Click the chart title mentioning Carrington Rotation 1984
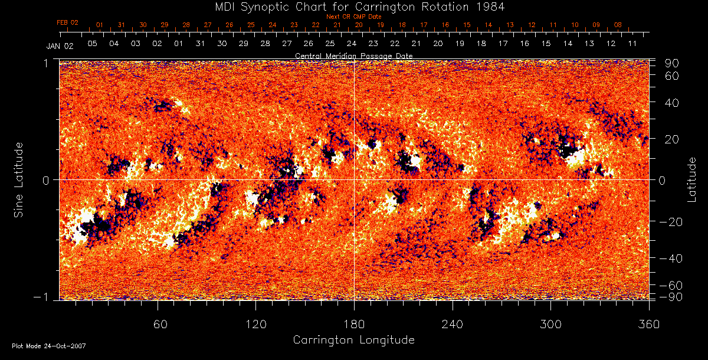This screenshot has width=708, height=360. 353,6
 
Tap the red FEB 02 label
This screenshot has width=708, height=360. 67,22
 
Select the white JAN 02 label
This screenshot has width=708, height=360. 60,45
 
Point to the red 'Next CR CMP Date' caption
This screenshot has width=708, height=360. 353,17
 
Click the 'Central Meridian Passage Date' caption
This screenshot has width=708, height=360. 353,55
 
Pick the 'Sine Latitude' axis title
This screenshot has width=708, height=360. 19,179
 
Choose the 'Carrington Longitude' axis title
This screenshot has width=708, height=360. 353,340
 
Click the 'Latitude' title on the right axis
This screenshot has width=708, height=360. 692,179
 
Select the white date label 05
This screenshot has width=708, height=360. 92,44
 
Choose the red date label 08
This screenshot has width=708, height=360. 618,25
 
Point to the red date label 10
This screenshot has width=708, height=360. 575,25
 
